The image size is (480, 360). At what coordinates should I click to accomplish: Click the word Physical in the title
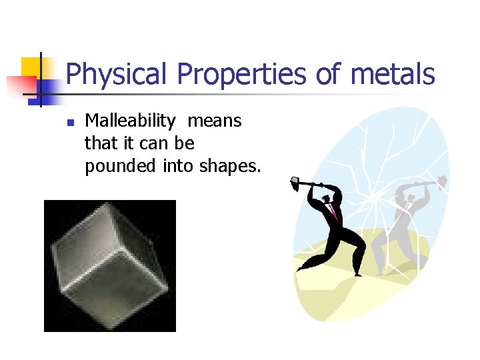[x=111, y=75]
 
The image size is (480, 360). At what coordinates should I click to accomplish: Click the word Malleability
[x=130, y=121]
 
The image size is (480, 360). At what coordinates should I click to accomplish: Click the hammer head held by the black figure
[x=296, y=181]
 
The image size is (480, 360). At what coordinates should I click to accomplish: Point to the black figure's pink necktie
[x=333, y=213]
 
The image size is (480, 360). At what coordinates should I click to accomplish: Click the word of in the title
[x=330, y=75]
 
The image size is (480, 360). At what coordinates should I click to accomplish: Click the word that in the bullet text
[x=99, y=144]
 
